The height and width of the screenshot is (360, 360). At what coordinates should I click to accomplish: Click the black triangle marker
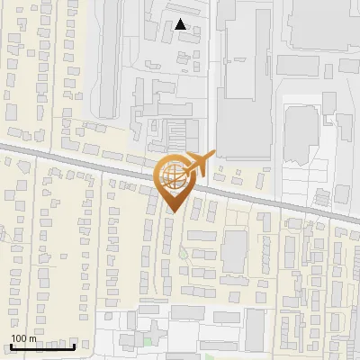point(181,25)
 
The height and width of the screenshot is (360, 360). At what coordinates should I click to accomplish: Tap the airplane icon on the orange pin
point(199,165)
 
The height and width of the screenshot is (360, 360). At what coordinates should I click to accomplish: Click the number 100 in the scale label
point(19,338)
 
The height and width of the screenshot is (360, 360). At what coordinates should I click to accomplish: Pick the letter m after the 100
point(32,338)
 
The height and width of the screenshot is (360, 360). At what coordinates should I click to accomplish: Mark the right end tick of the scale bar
point(75,346)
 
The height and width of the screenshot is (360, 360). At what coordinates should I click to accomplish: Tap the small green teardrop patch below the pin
point(182,254)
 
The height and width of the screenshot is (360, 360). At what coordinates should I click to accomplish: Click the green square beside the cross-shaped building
point(147,341)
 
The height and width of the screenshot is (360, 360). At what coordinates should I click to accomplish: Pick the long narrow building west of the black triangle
point(107,54)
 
